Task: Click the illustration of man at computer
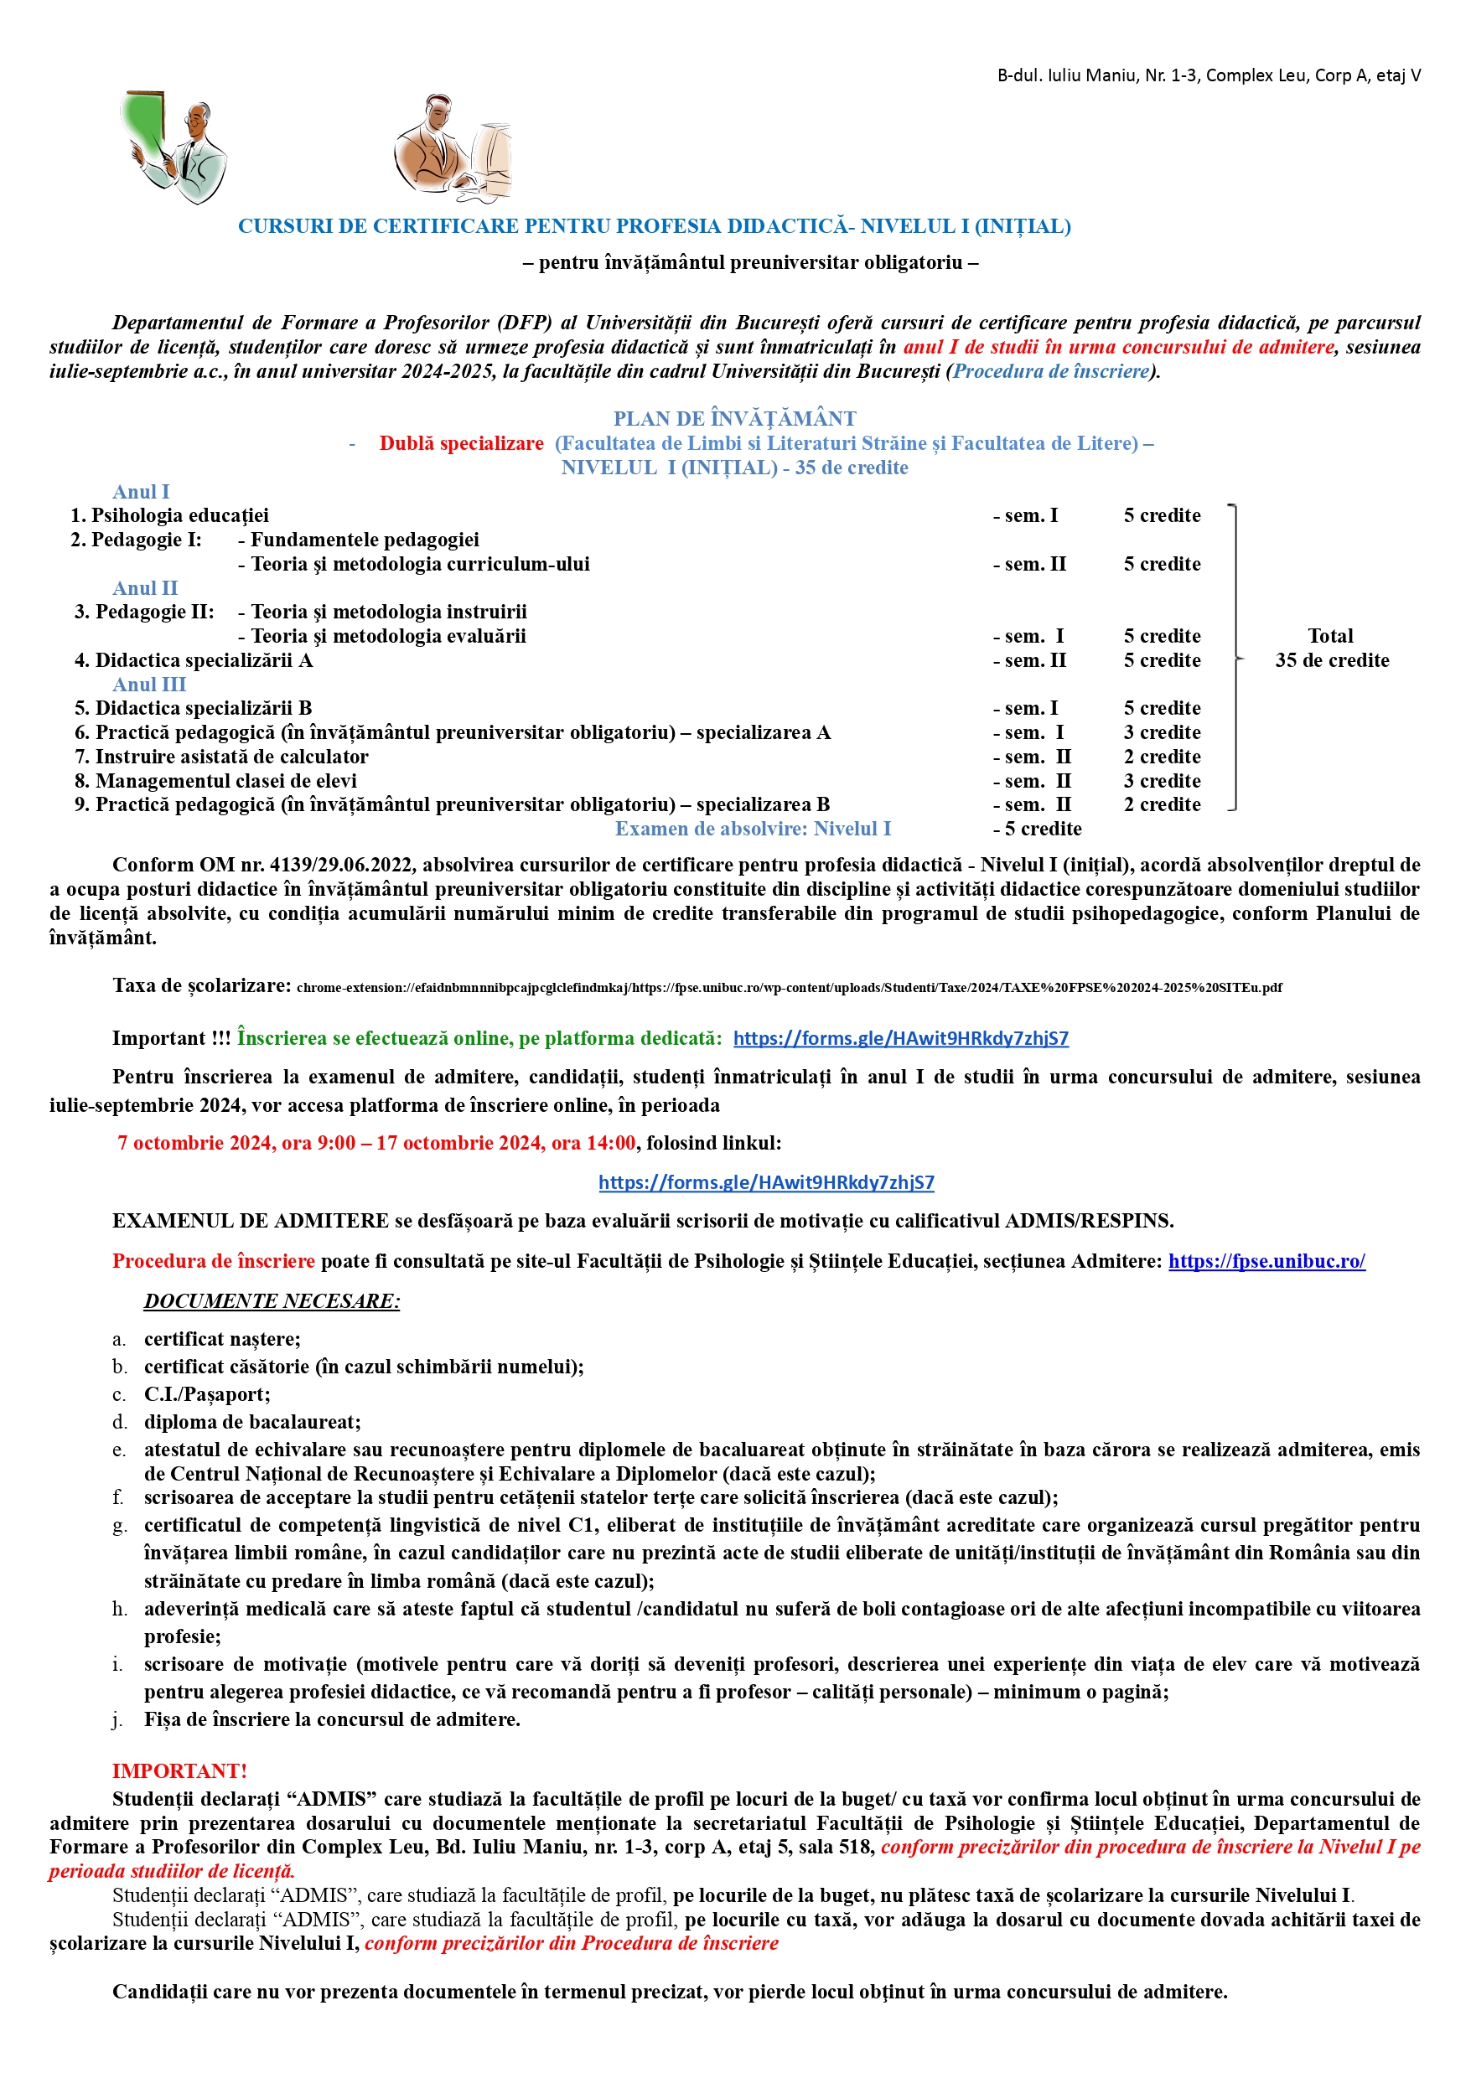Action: point(452,148)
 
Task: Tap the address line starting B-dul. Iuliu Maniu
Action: point(1209,76)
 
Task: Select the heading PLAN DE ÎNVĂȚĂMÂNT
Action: point(733,418)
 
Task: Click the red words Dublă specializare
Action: point(461,443)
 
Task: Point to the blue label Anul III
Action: point(149,685)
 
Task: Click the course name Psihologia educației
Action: point(179,516)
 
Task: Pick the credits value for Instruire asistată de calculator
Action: point(1161,757)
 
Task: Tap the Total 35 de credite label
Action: point(1330,649)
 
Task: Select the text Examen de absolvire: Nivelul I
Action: point(753,829)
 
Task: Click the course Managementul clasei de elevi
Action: point(225,780)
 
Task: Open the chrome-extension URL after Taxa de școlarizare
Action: point(788,988)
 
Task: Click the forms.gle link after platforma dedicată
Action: point(900,1038)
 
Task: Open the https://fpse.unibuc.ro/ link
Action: point(1266,1261)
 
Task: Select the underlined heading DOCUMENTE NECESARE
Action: point(272,1301)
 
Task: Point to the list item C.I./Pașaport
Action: point(206,1394)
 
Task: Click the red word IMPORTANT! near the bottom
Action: point(179,1771)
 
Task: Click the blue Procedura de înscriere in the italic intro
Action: point(1051,371)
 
